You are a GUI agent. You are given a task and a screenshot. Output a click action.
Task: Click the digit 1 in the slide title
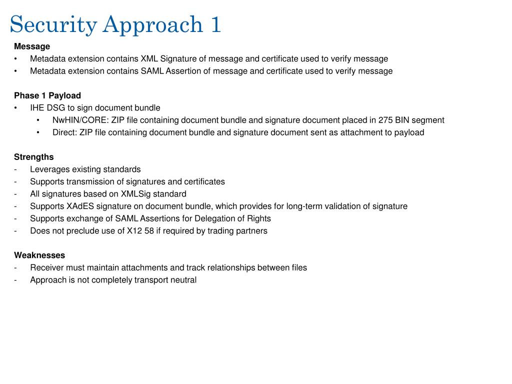(215, 24)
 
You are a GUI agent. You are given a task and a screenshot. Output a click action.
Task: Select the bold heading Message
(32, 46)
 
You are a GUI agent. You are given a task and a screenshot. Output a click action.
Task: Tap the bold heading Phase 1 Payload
(47, 95)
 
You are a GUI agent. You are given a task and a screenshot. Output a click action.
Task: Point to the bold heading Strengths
(33, 157)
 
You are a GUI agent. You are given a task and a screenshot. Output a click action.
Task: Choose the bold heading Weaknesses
(39, 255)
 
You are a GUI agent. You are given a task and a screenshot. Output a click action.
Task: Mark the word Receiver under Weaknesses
(46, 267)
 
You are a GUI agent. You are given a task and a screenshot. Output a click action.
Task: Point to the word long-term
(305, 206)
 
